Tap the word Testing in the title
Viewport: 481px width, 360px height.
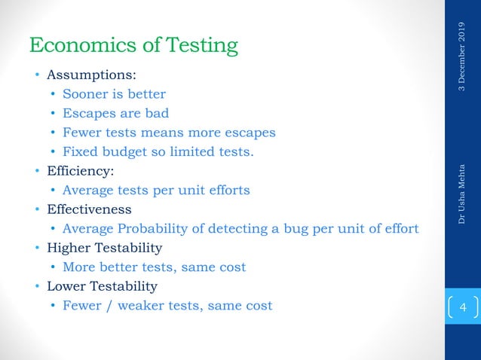pos(198,47)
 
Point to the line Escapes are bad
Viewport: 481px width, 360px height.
pos(115,113)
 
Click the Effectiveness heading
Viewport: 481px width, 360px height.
pos(89,209)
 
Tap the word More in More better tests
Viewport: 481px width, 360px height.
pos(78,267)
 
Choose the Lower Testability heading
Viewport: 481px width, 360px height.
pos(102,286)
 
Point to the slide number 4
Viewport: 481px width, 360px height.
pos(463,308)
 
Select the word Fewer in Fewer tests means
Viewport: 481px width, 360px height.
pos(81,133)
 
